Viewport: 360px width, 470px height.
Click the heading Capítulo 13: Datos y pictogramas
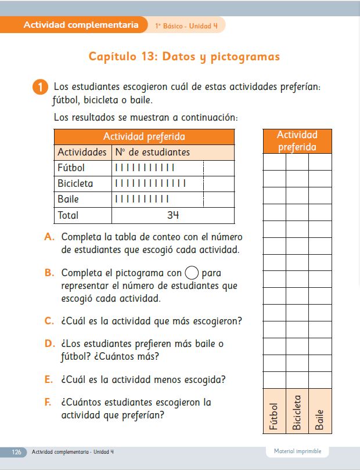coord(184,57)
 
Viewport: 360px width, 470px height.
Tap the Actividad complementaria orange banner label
coord(81,25)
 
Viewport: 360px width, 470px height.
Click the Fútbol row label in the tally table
coord(71,168)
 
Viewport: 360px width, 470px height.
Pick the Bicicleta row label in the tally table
coord(75,183)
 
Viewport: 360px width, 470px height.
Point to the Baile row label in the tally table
coord(69,199)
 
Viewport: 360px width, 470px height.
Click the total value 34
coord(172,215)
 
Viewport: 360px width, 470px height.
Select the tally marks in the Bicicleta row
coord(150,183)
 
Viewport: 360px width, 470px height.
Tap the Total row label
coord(68,215)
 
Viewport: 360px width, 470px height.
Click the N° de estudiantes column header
coord(152,152)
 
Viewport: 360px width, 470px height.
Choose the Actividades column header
coord(82,152)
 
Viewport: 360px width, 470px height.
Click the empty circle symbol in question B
coord(192,273)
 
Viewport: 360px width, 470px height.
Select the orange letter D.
coord(50,344)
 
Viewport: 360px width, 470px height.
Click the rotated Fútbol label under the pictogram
coord(274,416)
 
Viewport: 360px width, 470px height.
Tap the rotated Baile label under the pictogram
coord(319,419)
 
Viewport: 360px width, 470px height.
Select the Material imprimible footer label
coord(297,451)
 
